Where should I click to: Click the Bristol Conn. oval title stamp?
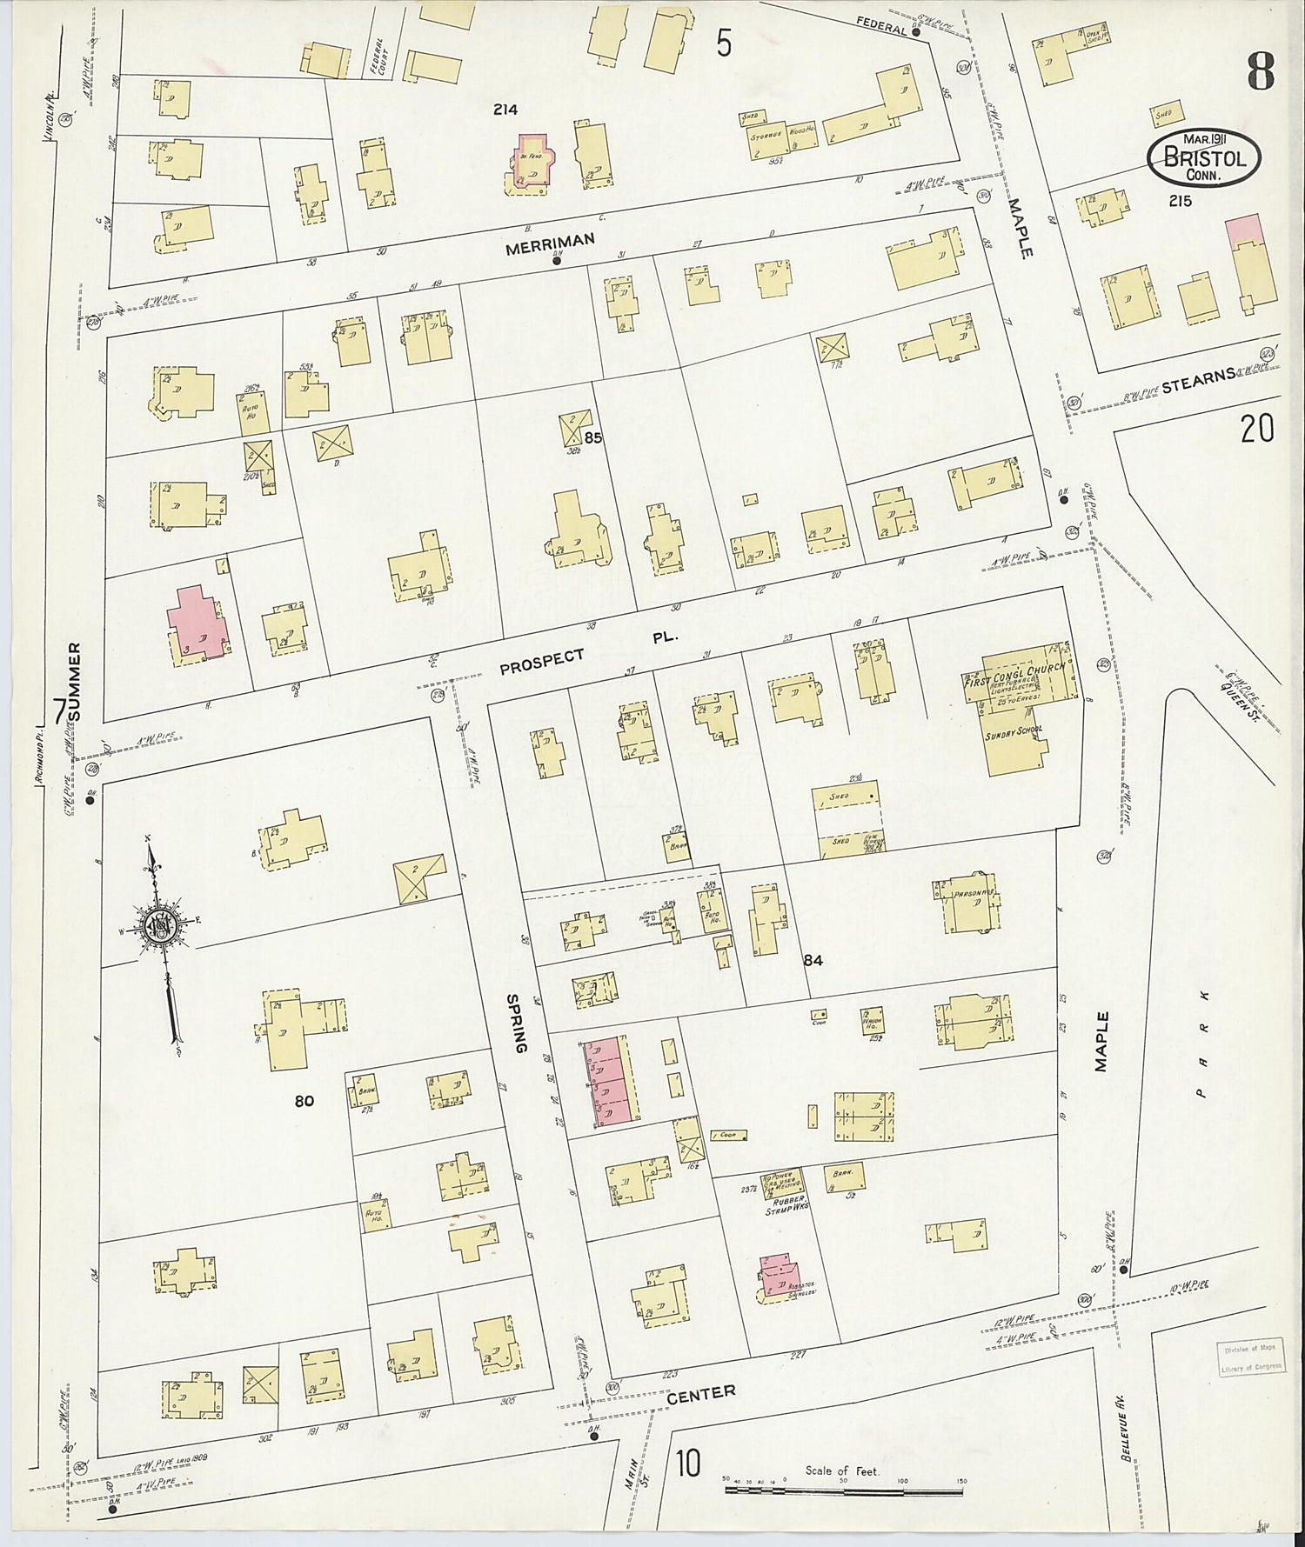pos(1204,157)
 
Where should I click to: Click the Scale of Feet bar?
pos(843,1490)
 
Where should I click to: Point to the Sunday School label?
pos(1014,732)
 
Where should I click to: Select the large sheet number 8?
pos(1261,72)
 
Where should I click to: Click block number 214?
pos(505,110)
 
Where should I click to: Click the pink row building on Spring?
pos(610,1081)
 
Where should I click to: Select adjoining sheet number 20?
pos(1256,429)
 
